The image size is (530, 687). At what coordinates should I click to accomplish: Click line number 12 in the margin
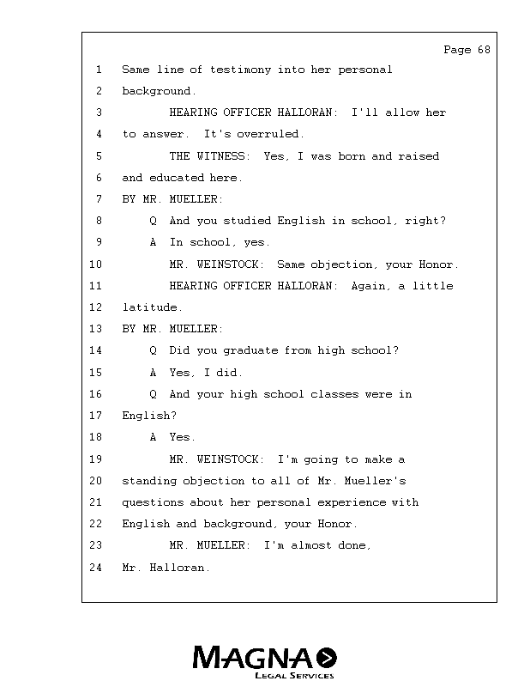[95, 307]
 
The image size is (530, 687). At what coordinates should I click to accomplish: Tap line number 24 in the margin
[95, 568]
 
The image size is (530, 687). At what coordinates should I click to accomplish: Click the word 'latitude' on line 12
[150, 307]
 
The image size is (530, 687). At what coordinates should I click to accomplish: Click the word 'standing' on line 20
[149, 481]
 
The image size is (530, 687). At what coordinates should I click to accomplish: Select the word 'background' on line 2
[156, 91]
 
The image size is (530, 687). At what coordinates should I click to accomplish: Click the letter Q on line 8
[153, 221]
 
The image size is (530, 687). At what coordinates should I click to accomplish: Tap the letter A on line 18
[153, 437]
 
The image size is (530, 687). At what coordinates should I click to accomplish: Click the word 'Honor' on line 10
[438, 264]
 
